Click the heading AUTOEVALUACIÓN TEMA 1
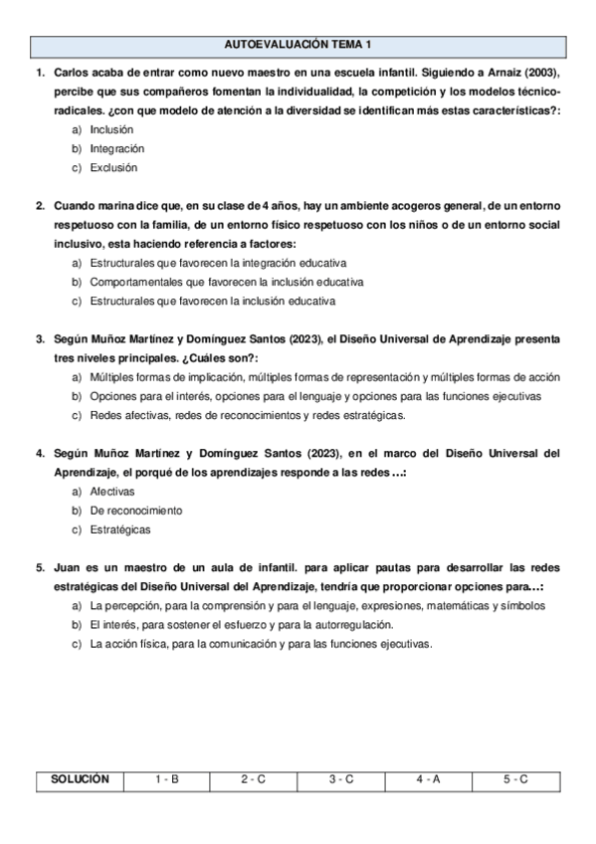point(298,46)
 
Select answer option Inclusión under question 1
point(110,129)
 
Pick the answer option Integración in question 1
point(116,148)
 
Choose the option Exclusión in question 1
point(113,167)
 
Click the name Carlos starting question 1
point(71,74)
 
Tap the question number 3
point(40,339)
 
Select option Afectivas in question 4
point(111,492)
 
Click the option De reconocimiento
point(135,511)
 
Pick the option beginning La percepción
point(316,605)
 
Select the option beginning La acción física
point(261,644)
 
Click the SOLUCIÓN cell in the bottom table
point(81,779)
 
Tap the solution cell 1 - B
point(167,779)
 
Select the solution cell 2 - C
point(254,779)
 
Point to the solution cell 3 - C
point(341,779)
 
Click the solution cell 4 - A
point(429,779)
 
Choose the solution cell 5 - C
point(516,779)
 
